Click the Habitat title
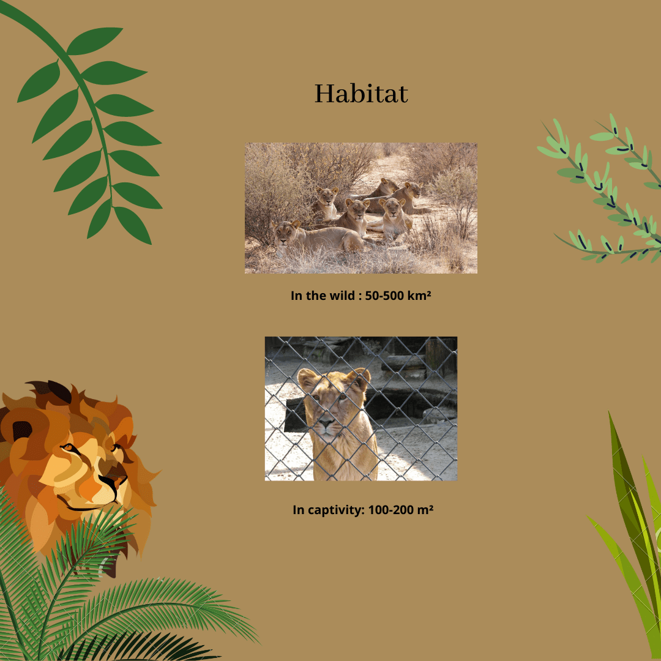click(361, 94)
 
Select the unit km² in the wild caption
click(419, 296)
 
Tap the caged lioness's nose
click(326, 422)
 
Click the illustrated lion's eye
click(69, 447)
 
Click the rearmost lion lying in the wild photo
click(384, 189)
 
